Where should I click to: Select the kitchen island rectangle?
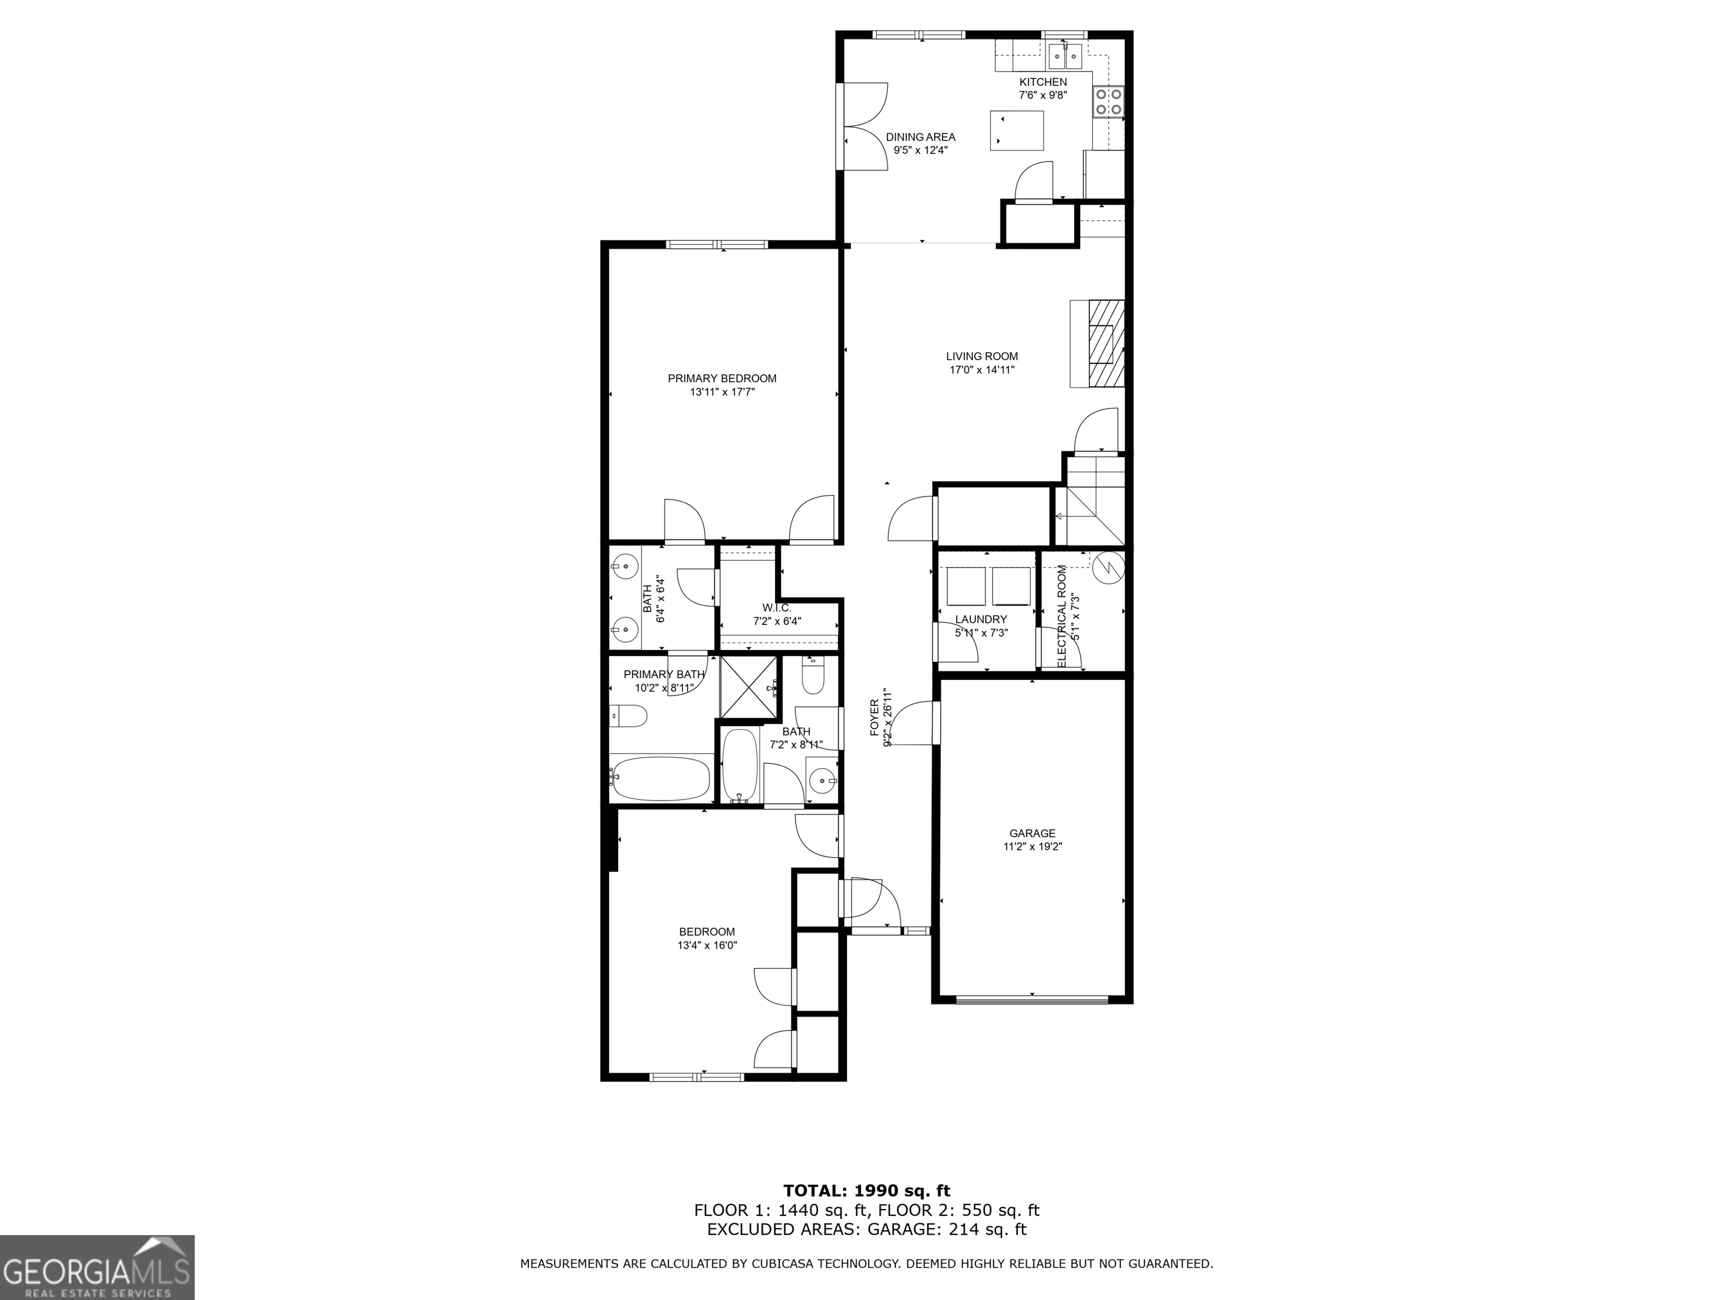[x=1018, y=130]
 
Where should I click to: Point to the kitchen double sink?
[x=1065, y=55]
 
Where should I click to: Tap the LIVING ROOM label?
[x=982, y=357]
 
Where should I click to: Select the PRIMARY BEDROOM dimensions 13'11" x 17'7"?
[x=722, y=392]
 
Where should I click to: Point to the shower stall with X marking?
[x=748, y=687]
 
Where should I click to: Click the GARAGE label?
[x=1032, y=833]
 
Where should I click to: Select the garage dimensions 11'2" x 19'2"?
[x=1032, y=846]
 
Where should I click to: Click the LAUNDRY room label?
[x=980, y=619]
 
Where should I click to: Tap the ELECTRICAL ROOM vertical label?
[x=1062, y=616]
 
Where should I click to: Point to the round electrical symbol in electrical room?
[x=1107, y=566]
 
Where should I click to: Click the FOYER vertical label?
[x=875, y=717]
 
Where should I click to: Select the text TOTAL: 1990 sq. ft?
[x=867, y=1191]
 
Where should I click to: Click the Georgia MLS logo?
[x=97, y=1267]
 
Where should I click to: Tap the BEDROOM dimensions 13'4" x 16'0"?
[x=707, y=945]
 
